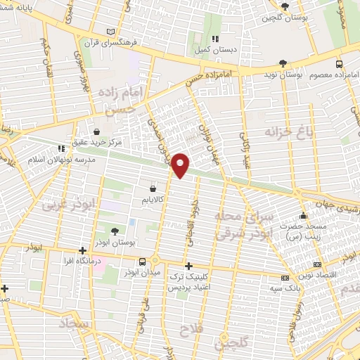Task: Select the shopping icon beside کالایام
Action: click(x=153, y=188)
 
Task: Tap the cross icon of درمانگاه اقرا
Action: click(x=83, y=250)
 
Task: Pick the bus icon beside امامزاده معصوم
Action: click(x=340, y=63)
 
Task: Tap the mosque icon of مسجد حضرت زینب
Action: click(x=303, y=215)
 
